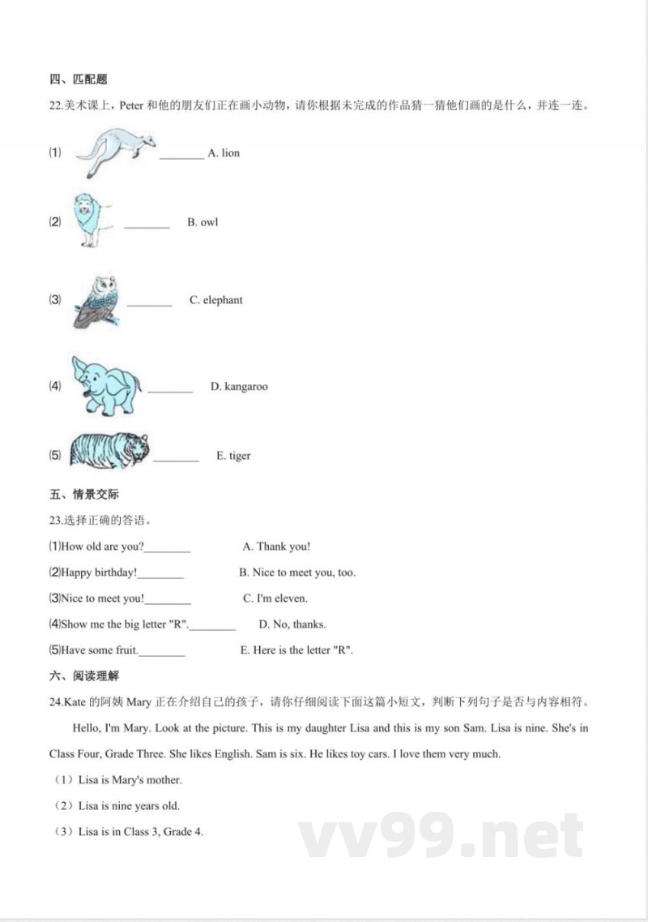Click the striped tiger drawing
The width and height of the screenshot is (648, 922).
109,450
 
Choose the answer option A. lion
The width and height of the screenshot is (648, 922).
224,153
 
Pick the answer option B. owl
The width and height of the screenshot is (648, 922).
202,222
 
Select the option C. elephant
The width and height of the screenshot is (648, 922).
215,300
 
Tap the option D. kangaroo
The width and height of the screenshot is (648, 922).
239,387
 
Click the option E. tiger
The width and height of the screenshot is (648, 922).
233,456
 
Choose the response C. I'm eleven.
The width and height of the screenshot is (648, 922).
275,599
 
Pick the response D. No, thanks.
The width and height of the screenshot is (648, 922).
292,624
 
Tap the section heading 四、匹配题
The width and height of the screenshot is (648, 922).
79,79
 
